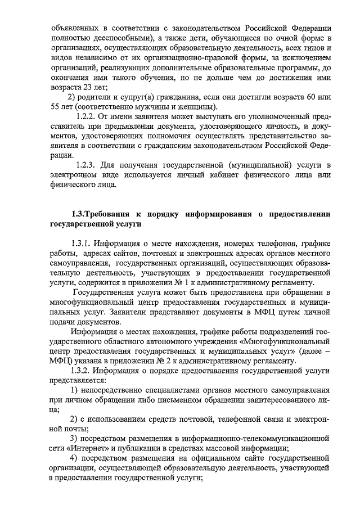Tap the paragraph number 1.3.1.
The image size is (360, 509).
click(x=81, y=244)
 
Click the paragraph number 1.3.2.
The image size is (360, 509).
click(x=81, y=371)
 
